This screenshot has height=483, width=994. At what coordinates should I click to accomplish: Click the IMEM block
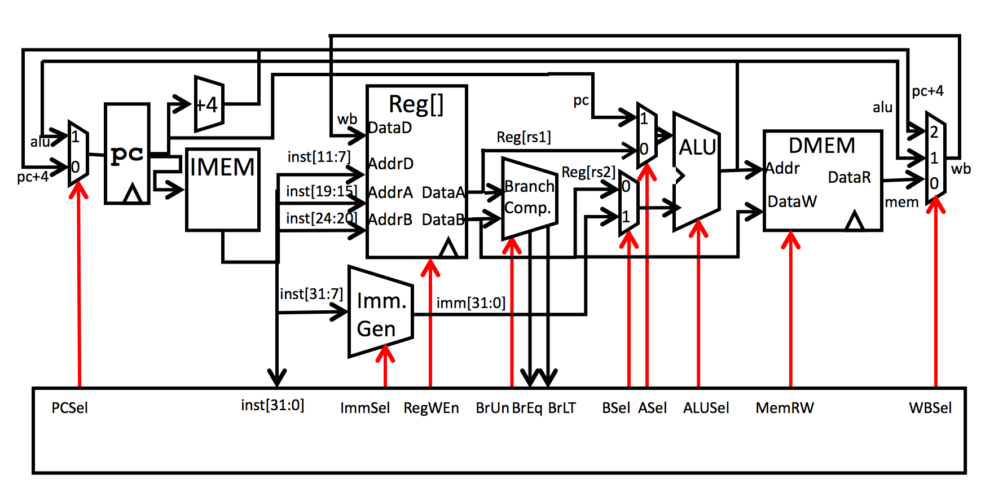coord(222,189)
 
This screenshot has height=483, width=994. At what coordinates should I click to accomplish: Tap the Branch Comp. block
coord(529,197)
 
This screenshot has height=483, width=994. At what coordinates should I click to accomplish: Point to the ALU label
coord(697,148)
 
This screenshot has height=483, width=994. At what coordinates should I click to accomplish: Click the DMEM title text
coord(821,146)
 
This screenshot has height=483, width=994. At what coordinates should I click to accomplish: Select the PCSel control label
coord(69,408)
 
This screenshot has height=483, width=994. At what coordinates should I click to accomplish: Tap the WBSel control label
coord(930,408)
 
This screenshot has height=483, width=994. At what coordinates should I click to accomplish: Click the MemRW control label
coord(785,408)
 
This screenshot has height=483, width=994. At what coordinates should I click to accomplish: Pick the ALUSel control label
coord(706,408)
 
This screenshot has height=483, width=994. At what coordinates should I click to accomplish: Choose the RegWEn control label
coord(431,408)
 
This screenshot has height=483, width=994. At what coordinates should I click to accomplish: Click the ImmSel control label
coord(365,408)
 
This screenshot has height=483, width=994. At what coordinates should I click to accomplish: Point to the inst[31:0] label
coord(272,405)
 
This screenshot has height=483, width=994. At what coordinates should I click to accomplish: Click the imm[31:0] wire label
coord(470,303)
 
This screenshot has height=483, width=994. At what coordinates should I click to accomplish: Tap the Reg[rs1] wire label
coord(524,137)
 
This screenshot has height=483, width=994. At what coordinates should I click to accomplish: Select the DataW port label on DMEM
coord(792,201)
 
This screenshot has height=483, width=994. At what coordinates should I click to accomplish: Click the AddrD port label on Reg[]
coord(391,164)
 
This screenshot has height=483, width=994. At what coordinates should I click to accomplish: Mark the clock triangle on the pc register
coord(133,194)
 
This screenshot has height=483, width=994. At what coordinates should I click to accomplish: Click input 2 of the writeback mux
coord(934,132)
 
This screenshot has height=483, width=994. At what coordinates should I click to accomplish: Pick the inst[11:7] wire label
coord(319,157)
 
